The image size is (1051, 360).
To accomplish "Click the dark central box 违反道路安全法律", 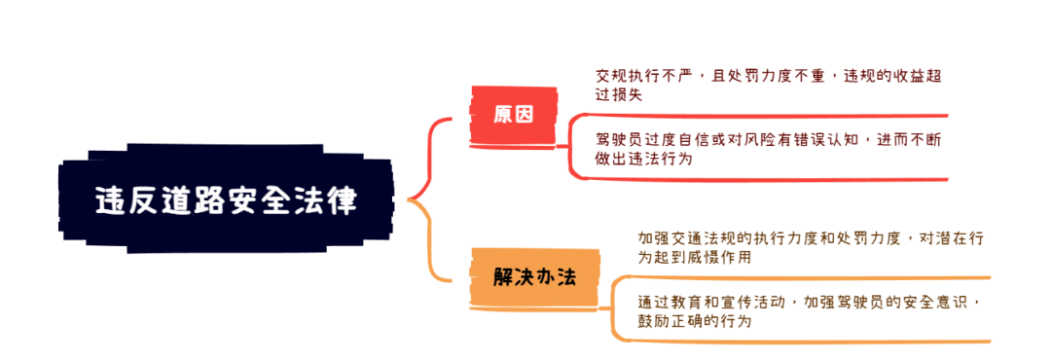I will click(x=226, y=200).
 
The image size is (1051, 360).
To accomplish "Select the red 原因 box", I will click(x=513, y=114).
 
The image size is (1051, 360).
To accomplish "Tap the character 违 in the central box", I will click(x=109, y=200).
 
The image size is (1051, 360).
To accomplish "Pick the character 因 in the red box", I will click(x=525, y=114).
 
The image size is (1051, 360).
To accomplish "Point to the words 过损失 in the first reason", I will click(x=619, y=95).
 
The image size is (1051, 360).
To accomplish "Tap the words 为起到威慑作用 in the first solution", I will click(x=694, y=258).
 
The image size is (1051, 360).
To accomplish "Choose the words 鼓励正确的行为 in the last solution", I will click(x=695, y=320).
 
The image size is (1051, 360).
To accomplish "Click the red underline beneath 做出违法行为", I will click(x=759, y=180).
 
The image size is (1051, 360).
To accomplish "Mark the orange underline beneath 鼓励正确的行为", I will click(x=798, y=342).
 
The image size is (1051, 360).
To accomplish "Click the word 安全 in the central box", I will click(x=249, y=200).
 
